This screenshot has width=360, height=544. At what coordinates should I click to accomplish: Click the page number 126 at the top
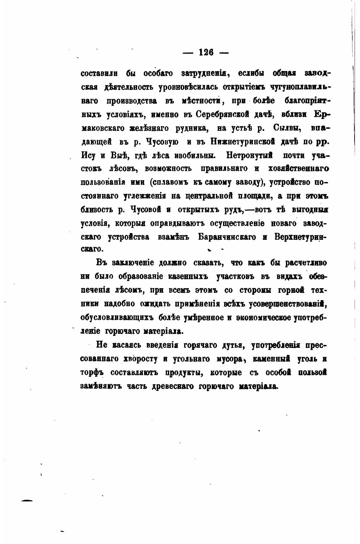pyautogui.click(x=206, y=52)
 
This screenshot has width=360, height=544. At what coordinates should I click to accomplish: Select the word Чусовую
pyautogui.click(x=162, y=142)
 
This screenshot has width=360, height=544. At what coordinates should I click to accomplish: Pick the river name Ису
pyautogui.click(x=89, y=156)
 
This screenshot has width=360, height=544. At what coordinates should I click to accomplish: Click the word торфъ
pyautogui.click(x=91, y=373)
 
